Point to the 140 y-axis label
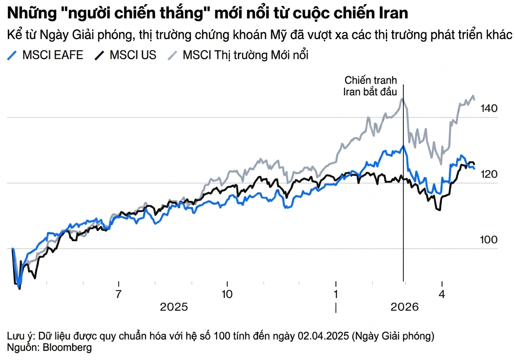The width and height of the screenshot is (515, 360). point(488,109)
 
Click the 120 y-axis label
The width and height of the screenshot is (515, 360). point(488,174)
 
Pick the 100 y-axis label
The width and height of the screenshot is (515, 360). point(488,240)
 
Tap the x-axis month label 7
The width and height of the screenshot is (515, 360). point(119,294)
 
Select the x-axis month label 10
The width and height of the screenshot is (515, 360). point(227,294)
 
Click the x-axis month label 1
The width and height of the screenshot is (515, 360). point(336,294)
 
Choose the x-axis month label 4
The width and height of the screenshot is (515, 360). point(442,294)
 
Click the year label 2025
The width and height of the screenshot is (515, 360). point(174,307)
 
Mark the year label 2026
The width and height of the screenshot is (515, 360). point(404,307)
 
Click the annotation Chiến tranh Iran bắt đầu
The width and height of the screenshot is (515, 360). point(370,86)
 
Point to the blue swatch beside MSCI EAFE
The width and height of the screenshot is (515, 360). point(13,55)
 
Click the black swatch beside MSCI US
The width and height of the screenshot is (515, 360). point(100,55)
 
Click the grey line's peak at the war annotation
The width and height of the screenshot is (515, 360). point(402,99)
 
